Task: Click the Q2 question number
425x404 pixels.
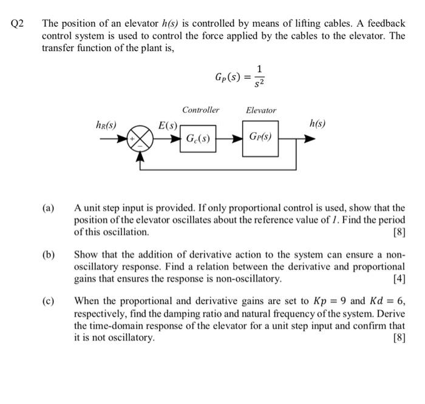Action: click(17, 24)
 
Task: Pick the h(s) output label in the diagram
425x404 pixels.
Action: click(317, 124)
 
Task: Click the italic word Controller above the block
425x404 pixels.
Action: click(200, 110)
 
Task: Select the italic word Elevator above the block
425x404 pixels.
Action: click(260, 110)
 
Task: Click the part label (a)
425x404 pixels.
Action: click(48, 208)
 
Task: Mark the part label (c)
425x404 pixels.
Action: click(48, 301)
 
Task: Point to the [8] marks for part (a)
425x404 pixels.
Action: click(399, 232)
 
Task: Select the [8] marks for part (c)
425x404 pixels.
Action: click(399, 337)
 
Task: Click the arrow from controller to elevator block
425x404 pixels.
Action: click(230, 139)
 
